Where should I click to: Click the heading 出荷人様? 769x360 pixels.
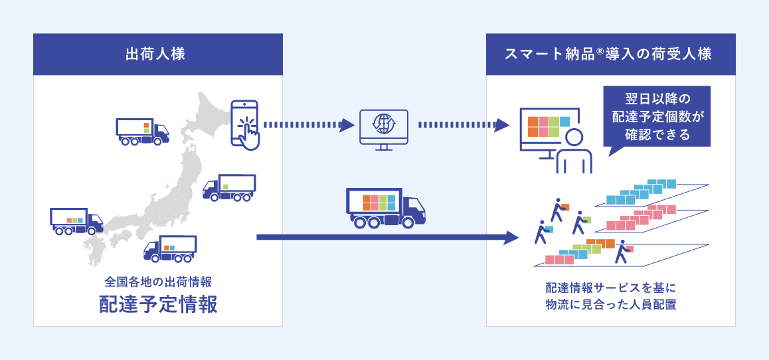click(158, 54)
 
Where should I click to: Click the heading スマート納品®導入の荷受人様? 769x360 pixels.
click(610, 54)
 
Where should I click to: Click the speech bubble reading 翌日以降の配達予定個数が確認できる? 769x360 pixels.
click(657, 116)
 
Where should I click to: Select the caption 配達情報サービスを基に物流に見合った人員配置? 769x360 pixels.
click(610, 297)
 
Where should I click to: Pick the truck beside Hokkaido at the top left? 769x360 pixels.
click(141, 131)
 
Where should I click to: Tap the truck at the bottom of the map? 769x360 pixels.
click(169, 249)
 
